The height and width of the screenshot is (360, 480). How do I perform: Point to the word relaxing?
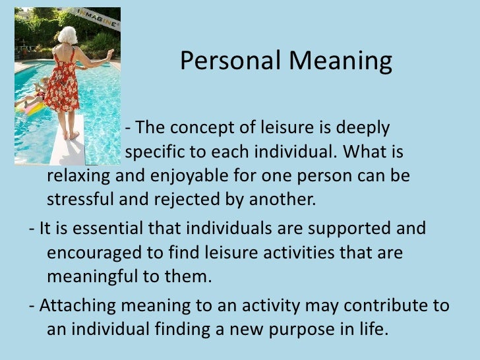click(x=78, y=178)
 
